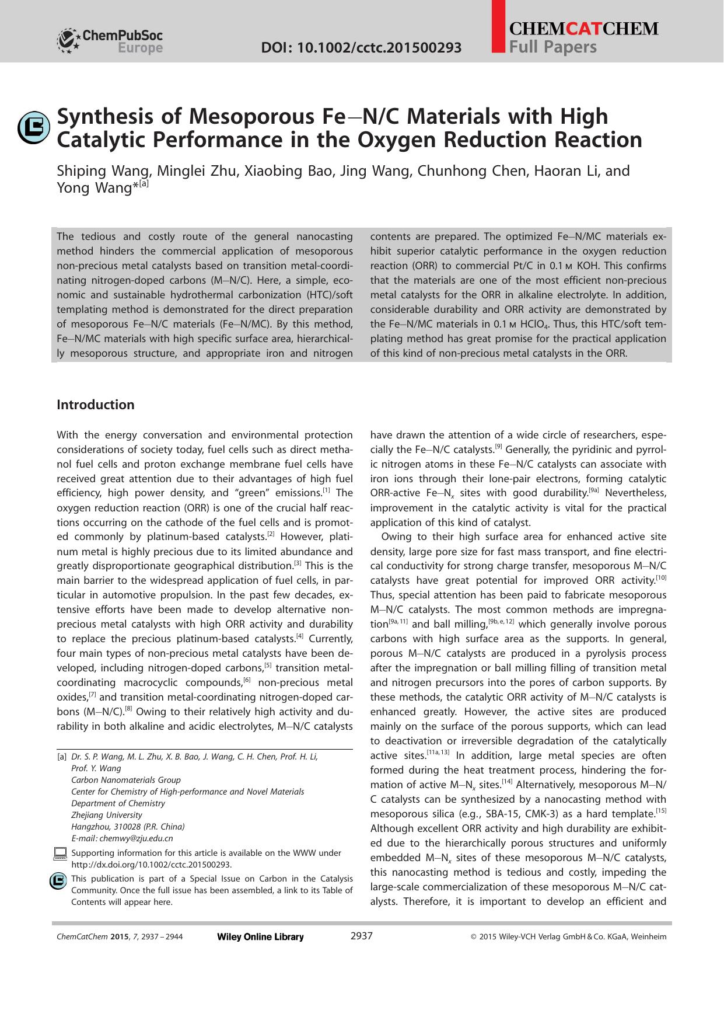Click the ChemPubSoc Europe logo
coord(110,41)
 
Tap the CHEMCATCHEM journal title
coord(583,29)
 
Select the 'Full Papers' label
coord(553,47)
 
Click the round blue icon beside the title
coord(34,127)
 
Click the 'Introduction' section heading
coord(95,405)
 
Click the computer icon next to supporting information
coord(60,854)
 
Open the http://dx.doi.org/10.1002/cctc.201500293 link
coord(151,865)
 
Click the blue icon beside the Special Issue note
coord(58,881)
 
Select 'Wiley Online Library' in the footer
coord(260,937)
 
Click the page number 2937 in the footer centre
coord(361,936)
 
